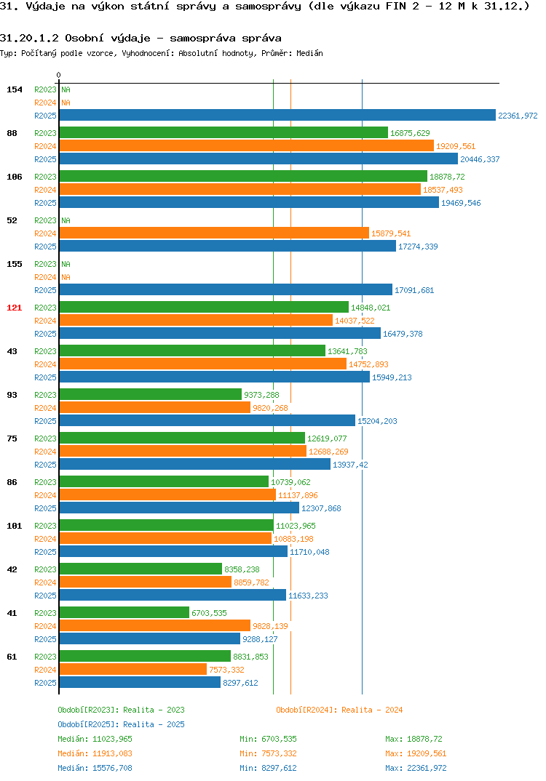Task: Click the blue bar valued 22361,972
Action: click(x=278, y=115)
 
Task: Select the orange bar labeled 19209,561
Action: click(x=247, y=145)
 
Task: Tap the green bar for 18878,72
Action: click(x=243, y=176)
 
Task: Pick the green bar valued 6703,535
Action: click(x=124, y=612)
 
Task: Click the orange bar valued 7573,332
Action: click(x=133, y=669)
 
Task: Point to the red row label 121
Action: click(x=15, y=308)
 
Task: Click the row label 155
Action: click(x=15, y=264)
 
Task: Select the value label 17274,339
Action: click(x=418, y=247)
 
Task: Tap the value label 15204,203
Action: click(x=377, y=421)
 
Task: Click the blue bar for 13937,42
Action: click(x=195, y=464)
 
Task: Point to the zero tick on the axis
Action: click(x=58, y=75)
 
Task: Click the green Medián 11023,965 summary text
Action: click(x=95, y=739)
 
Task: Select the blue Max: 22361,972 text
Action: click(x=416, y=768)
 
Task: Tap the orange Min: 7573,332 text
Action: click(x=268, y=753)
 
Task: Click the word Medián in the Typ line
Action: click(x=309, y=53)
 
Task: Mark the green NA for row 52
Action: click(x=66, y=220)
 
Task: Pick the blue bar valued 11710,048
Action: click(x=173, y=551)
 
